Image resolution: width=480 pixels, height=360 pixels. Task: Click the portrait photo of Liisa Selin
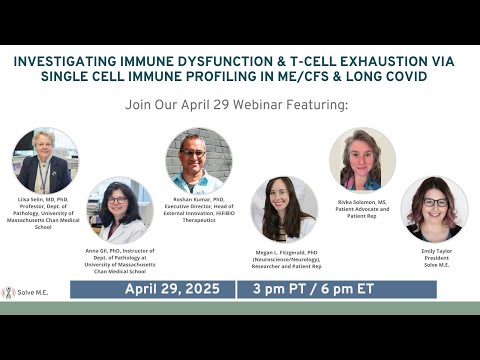44,160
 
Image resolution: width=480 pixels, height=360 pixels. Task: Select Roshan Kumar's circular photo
198,160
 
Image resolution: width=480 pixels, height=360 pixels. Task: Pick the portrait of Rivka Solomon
362,160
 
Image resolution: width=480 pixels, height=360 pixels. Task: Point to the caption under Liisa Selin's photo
44,213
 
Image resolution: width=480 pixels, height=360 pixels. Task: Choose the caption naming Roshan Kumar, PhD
198,212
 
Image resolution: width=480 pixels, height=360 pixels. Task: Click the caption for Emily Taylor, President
434,258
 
